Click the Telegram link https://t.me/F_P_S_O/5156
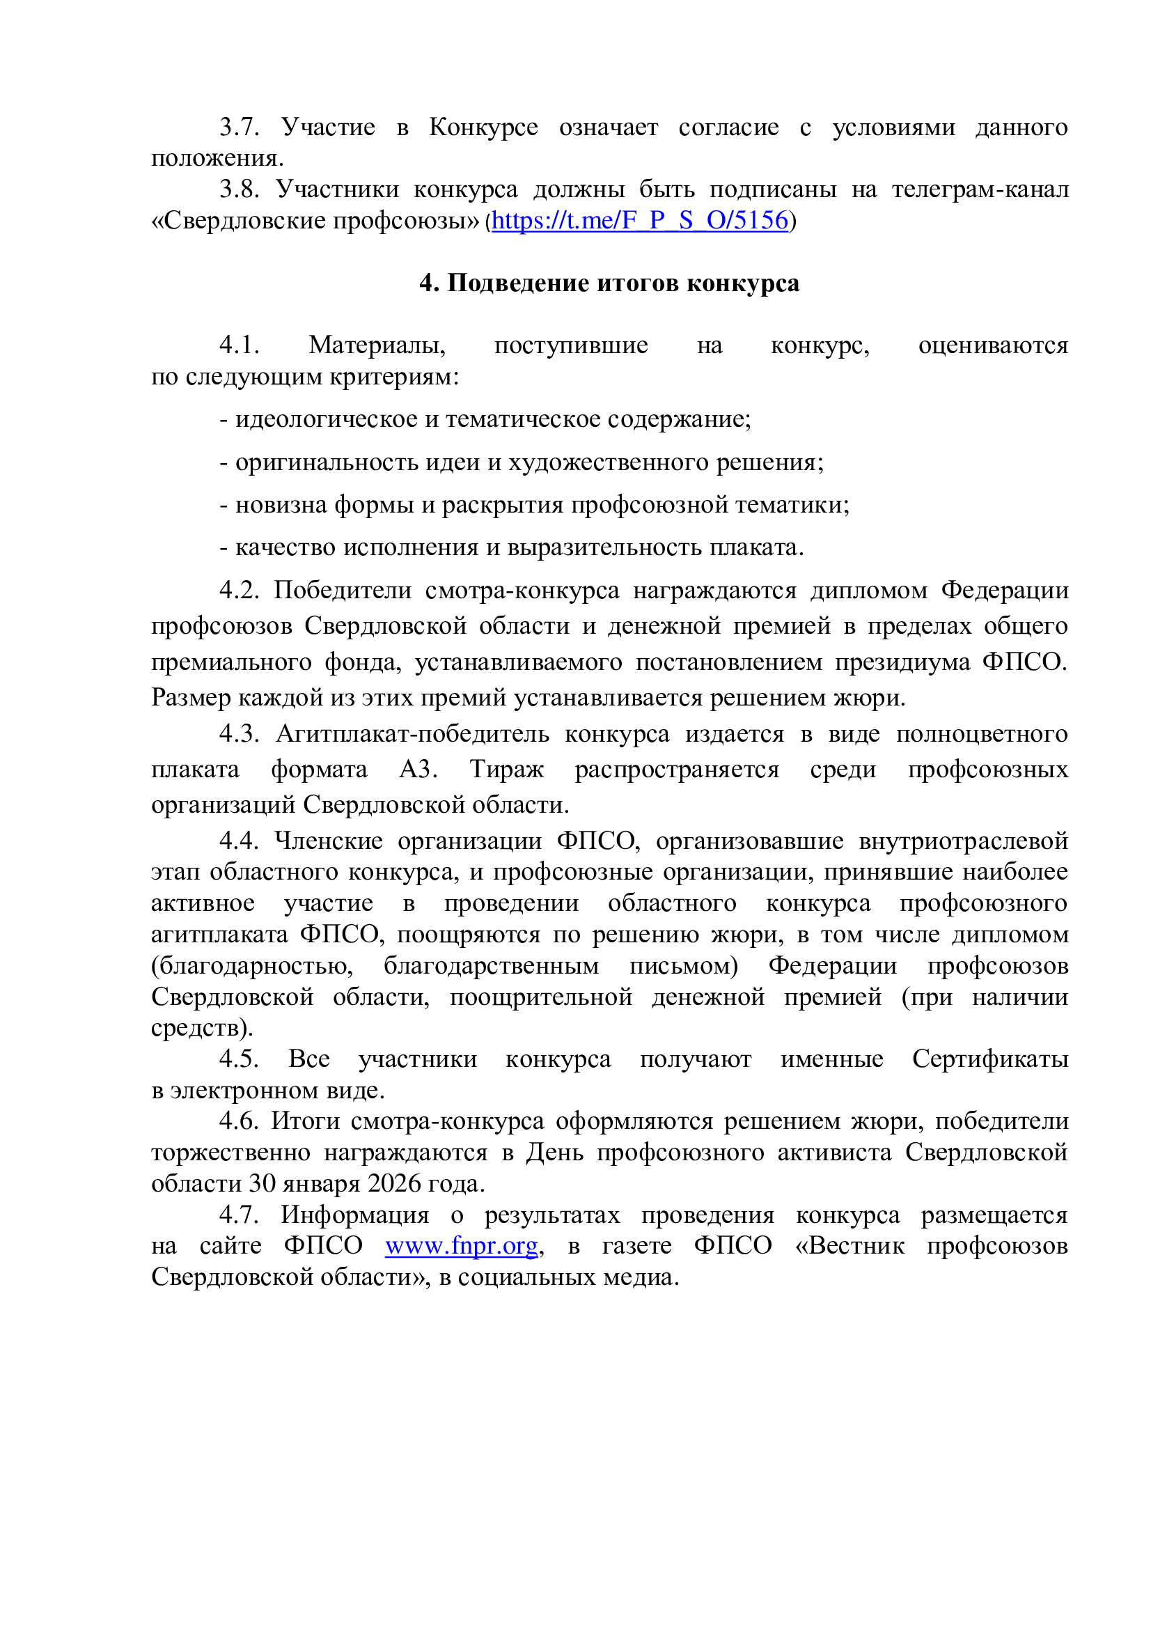pyautogui.click(x=640, y=221)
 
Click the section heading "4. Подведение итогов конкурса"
pyautogui.click(x=609, y=283)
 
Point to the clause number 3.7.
pyautogui.click(x=239, y=127)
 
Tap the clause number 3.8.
pyautogui.click(x=239, y=189)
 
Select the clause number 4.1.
pyautogui.click(x=239, y=345)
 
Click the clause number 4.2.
pyautogui.click(x=239, y=591)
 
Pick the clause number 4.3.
pyautogui.click(x=239, y=733)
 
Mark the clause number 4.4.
pyautogui.click(x=239, y=841)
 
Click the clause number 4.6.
pyautogui.click(x=239, y=1121)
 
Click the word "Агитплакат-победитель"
pyautogui.click(x=413, y=733)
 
